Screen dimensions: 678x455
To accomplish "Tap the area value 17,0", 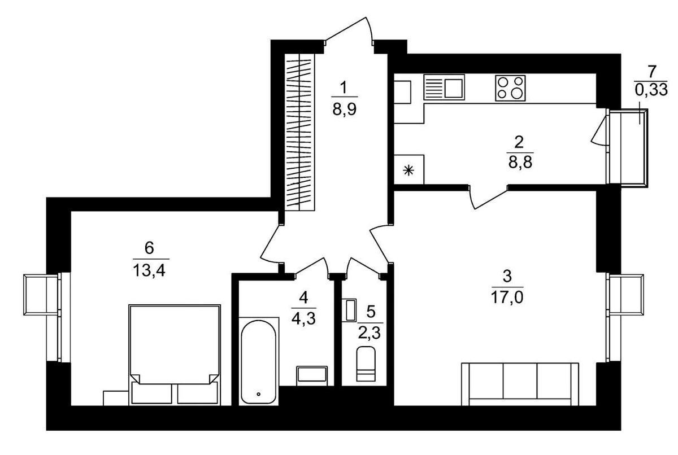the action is point(507,297).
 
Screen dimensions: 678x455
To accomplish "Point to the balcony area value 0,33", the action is point(651,90).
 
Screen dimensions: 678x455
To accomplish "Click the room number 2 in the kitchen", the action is point(519,142).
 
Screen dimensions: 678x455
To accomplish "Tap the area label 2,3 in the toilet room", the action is point(370,333).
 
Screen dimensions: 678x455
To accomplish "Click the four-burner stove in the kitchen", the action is point(510,88).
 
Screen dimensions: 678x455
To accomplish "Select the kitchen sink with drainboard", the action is point(444,87).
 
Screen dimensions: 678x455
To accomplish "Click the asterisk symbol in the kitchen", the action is point(408,172).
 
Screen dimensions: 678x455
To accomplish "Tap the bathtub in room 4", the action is point(259,362).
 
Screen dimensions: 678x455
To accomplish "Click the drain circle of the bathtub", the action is point(258,394).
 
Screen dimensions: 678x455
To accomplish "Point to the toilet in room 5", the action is point(366,364).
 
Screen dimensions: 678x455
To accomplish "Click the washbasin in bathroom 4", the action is point(312,376).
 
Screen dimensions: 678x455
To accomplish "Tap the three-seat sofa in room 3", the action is point(520,384).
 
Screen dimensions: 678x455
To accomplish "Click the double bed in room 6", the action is point(175,355).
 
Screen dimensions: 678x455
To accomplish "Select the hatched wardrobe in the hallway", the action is point(299,132).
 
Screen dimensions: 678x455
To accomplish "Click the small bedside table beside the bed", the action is point(116,398).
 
